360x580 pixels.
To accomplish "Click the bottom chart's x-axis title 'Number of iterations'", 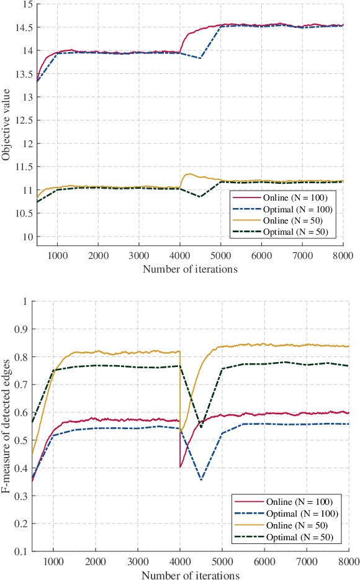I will click(x=190, y=575).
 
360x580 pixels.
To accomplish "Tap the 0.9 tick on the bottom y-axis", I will click(x=24, y=329).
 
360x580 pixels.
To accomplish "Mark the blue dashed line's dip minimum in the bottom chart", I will click(x=201, y=480).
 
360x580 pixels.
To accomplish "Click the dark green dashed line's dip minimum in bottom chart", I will click(x=201, y=428).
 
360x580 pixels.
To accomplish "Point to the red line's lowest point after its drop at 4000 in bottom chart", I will click(x=181, y=467).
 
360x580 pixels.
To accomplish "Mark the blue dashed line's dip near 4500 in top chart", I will click(x=200, y=58).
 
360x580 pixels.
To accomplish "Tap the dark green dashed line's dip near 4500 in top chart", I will click(x=200, y=197).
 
